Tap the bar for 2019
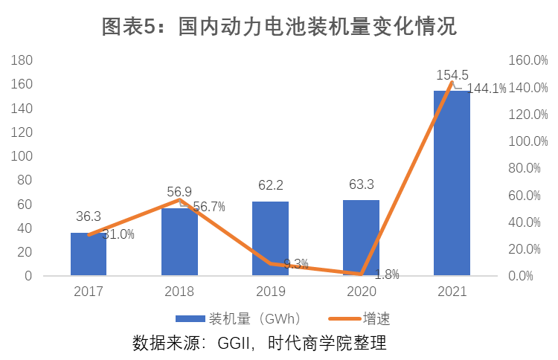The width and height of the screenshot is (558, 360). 270,238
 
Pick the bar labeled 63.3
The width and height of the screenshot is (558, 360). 361,238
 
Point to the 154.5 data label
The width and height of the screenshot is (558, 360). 452,75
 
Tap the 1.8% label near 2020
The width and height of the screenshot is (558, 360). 387,274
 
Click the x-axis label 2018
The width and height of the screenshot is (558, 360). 179,291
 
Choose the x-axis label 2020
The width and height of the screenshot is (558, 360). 361,291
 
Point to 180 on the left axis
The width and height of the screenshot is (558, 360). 22,60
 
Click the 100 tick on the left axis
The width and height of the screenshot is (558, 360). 22,156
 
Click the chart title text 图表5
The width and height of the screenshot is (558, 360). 126,27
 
